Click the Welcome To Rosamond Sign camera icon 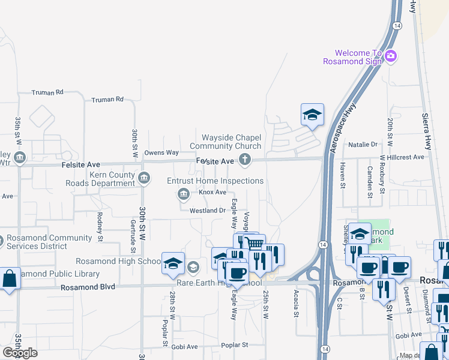tap(391, 56)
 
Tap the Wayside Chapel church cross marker tap(244, 160)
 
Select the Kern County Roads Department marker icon tap(144, 178)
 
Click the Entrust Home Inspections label tap(215, 181)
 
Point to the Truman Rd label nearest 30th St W tap(107, 99)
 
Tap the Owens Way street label tap(161, 153)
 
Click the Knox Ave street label tap(212, 192)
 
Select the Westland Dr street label tap(207, 211)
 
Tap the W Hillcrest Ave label tap(402, 157)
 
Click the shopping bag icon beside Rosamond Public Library tap(10, 279)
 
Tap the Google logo tap(19, 353)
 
